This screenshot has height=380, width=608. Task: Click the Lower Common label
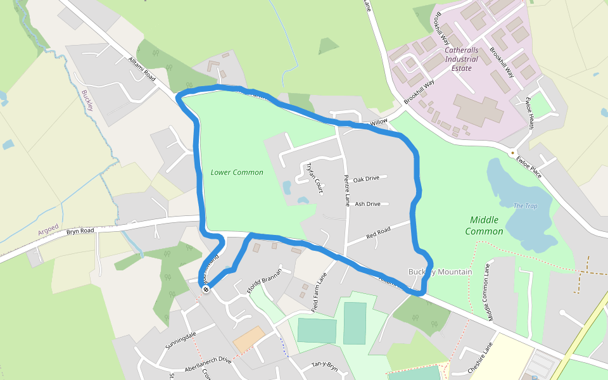(x=237, y=172)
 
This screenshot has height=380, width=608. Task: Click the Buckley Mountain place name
(x=440, y=272)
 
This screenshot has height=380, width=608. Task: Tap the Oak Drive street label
(x=366, y=179)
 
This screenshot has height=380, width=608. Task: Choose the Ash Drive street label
(x=367, y=204)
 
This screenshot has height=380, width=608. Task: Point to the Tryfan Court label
(x=314, y=177)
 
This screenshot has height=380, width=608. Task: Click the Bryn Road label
(x=80, y=231)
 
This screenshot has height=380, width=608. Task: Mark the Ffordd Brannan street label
(x=263, y=282)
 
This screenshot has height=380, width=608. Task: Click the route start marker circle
(x=206, y=289)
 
